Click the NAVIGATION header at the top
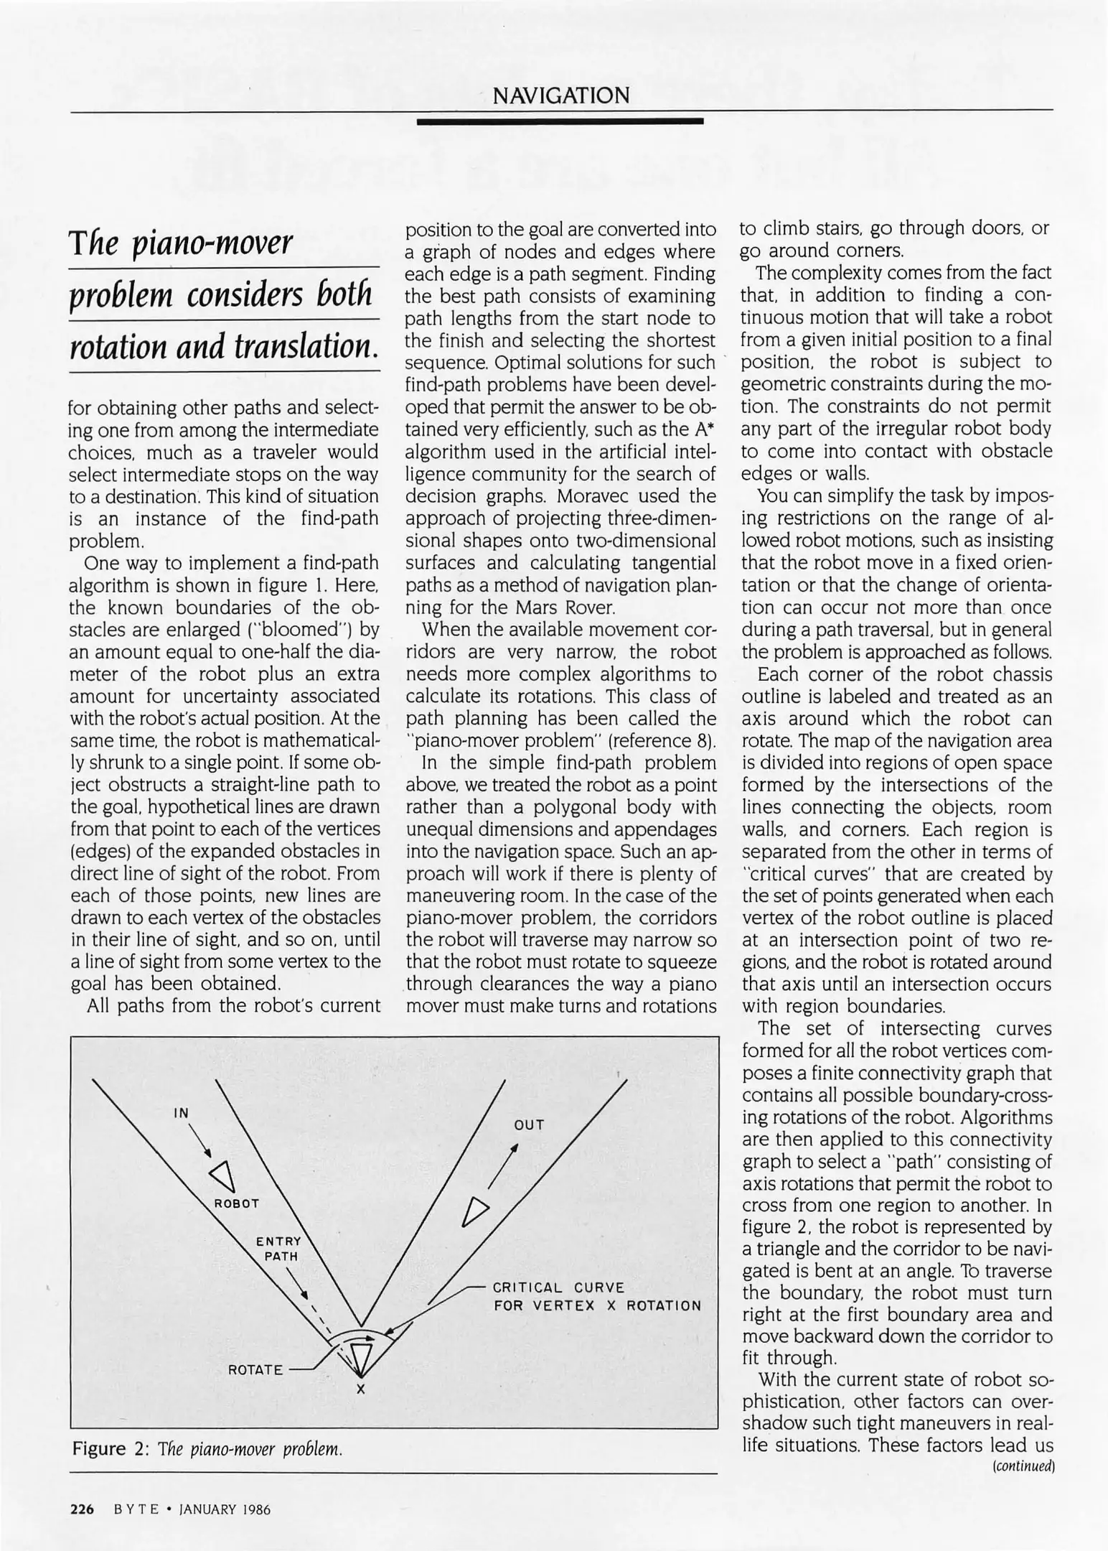click(561, 95)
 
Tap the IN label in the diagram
click(182, 1113)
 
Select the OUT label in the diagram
click(530, 1125)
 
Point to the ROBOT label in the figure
click(237, 1203)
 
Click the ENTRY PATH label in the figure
click(280, 1249)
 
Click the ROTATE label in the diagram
click(255, 1369)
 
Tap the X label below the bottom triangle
click(361, 1390)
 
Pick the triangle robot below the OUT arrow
click(474, 1210)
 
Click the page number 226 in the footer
click(82, 1509)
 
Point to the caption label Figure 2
click(109, 1448)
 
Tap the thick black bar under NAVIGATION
click(560, 123)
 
